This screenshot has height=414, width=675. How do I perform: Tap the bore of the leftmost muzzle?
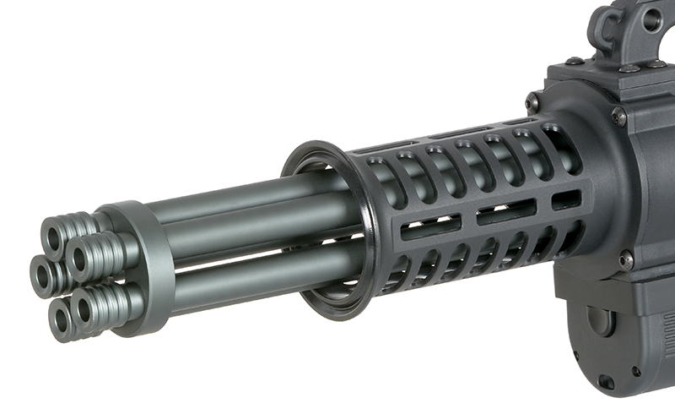[x=40, y=272]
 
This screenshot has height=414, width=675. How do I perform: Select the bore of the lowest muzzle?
[x=61, y=319]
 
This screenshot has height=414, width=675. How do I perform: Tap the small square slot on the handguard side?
[x=566, y=199]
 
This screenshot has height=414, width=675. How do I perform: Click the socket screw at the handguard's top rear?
[x=533, y=102]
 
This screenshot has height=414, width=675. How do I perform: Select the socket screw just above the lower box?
[x=625, y=259]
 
